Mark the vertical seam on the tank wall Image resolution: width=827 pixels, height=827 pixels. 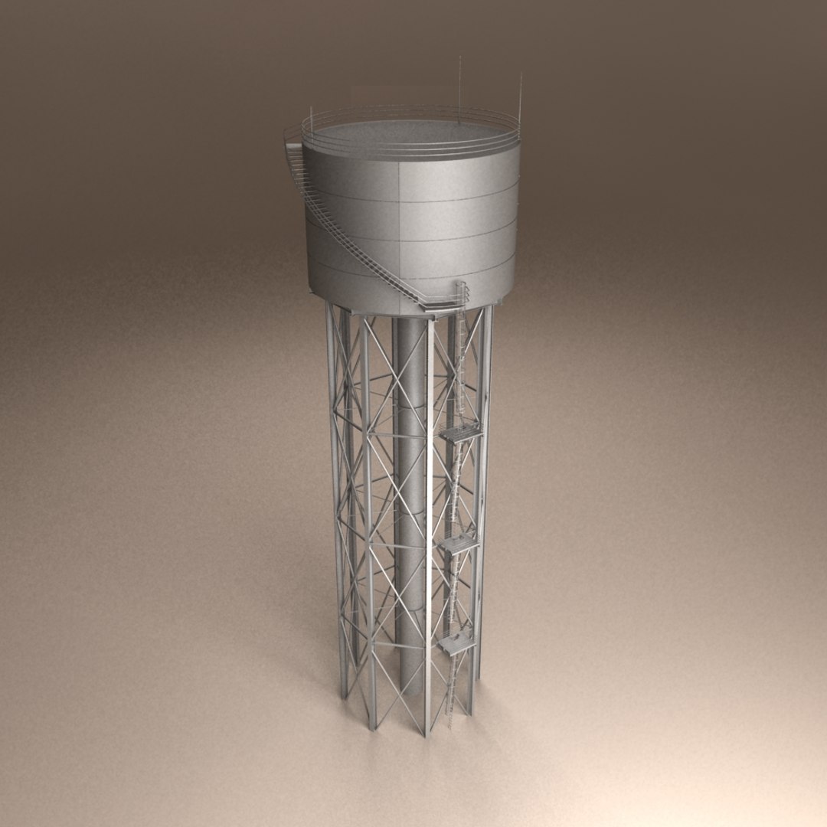click(399, 230)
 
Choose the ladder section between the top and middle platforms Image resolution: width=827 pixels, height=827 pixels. click(456, 490)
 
